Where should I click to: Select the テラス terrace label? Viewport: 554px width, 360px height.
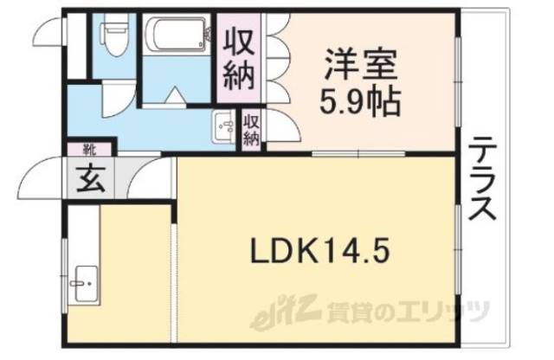[x=483, y=181]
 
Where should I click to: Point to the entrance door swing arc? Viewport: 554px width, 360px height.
[x=39, y=177]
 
